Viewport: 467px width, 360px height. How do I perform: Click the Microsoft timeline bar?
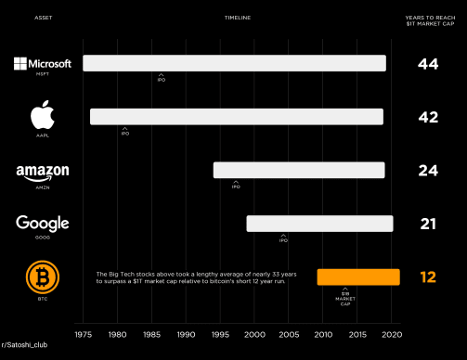(x=234, y=63)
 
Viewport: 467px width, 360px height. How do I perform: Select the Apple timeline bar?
(x=236, y=117)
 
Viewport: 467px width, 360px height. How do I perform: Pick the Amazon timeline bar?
(x=299, y=170)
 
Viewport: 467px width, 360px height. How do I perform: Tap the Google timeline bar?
(x=319, y=224)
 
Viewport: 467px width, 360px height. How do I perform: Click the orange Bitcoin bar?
(x=358, y=276)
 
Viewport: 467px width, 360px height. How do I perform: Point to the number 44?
(x=427, y=64)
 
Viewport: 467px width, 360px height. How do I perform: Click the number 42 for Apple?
(x=427, y=117)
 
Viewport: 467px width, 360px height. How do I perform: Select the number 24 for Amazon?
(x=427, y=171)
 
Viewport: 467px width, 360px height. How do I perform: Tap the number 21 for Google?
(x=427, y=224)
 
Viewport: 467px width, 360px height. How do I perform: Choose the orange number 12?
(x=427, y=276)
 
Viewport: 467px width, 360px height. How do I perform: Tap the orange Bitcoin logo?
(x=42, y=276)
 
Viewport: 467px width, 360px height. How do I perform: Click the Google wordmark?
(x=42, y=224)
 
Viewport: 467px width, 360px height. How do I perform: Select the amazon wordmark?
(x=42, y=173)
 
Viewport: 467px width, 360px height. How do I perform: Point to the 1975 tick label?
(x=83, y=334)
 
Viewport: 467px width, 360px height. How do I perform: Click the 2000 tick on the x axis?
(x=253, y=334)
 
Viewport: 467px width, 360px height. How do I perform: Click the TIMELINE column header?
(x=237, y=18)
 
